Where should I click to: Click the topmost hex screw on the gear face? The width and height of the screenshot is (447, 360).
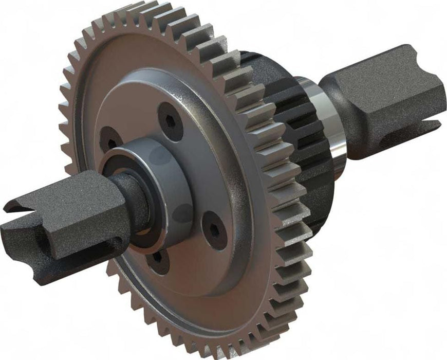click(x=170, y=121)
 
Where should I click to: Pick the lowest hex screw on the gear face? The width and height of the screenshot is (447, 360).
click(x=156, y=259)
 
